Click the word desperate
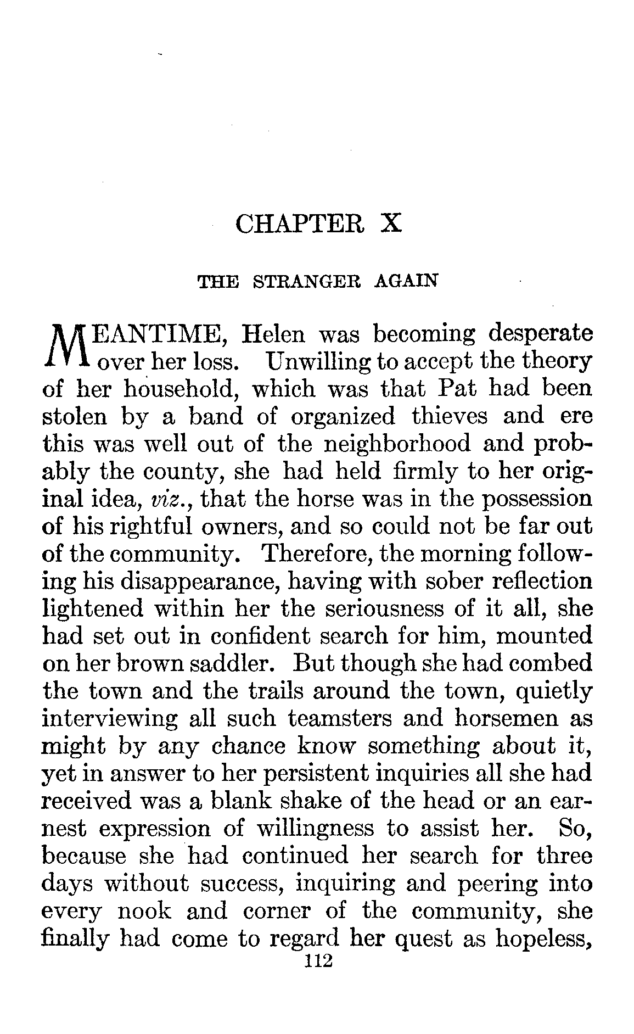point(540,334)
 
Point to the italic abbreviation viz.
point(164,499)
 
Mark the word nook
point(144,912)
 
